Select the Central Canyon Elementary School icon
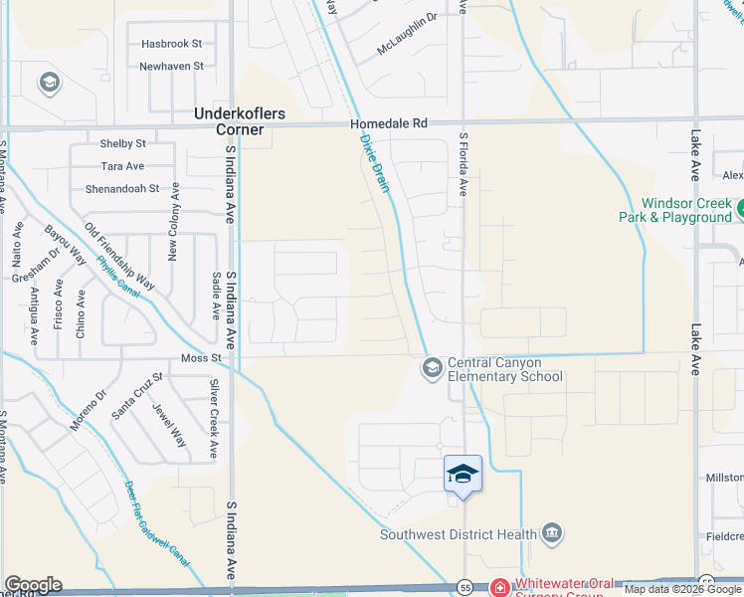(x=432, y=369)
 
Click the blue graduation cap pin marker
(x=463, y=474)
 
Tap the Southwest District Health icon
(x=552, y=534)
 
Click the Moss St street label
(x=200, y=357)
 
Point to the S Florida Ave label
(x=463, y=164)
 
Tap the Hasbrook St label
(x=171, y=44)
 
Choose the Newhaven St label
(x=171, y=66)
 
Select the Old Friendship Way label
(x=120, y=256)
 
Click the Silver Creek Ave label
(x=213, y=419)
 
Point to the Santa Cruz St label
(x=136, y=396)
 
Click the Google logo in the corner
(x=33, y=585)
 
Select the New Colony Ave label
(x=173, y=222)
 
